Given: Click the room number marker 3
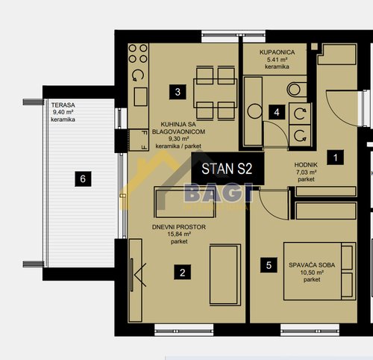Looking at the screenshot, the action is pyautogui.click(x=178, y=92).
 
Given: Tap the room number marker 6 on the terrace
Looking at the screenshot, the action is pyautogui.click(x=83, y=179).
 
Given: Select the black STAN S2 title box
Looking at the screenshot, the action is pyautogui.click(x=228, y=169).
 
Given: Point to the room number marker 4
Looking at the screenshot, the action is pyautogui.click(x=277, y=112).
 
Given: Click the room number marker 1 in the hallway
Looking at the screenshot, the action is pyautogui.click(x=336, y=158).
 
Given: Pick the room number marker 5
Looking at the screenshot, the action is pyautogui.click(x=269, y=265).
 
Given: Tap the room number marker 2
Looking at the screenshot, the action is pyautogui.click(x=183, y=272).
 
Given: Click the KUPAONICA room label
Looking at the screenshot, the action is pyautogui.click(x=277, y=52).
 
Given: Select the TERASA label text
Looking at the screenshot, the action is pyautogui.click(x=63, y=105).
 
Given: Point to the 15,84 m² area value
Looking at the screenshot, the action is pyautogui.click(x=179, y=234).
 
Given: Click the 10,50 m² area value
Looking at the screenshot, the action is pyautogui.click(x=312, y=273).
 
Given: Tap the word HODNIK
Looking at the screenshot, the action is pyautogui.click(x=306, y=164).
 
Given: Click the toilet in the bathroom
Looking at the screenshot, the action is pyautogui.click(x=296, y=90).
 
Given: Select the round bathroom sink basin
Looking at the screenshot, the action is pyautogui.click(x=254, y=111).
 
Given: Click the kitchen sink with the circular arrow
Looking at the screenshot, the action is pyautogui.click(x=138, y=75).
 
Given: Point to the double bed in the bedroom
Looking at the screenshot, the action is pyautogui.click(x=319, y=271).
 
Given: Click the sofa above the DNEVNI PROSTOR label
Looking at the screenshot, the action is pyautogui.click(x=185, y=202).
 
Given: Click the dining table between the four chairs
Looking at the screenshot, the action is pyautogui.click(x=216, y=93).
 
